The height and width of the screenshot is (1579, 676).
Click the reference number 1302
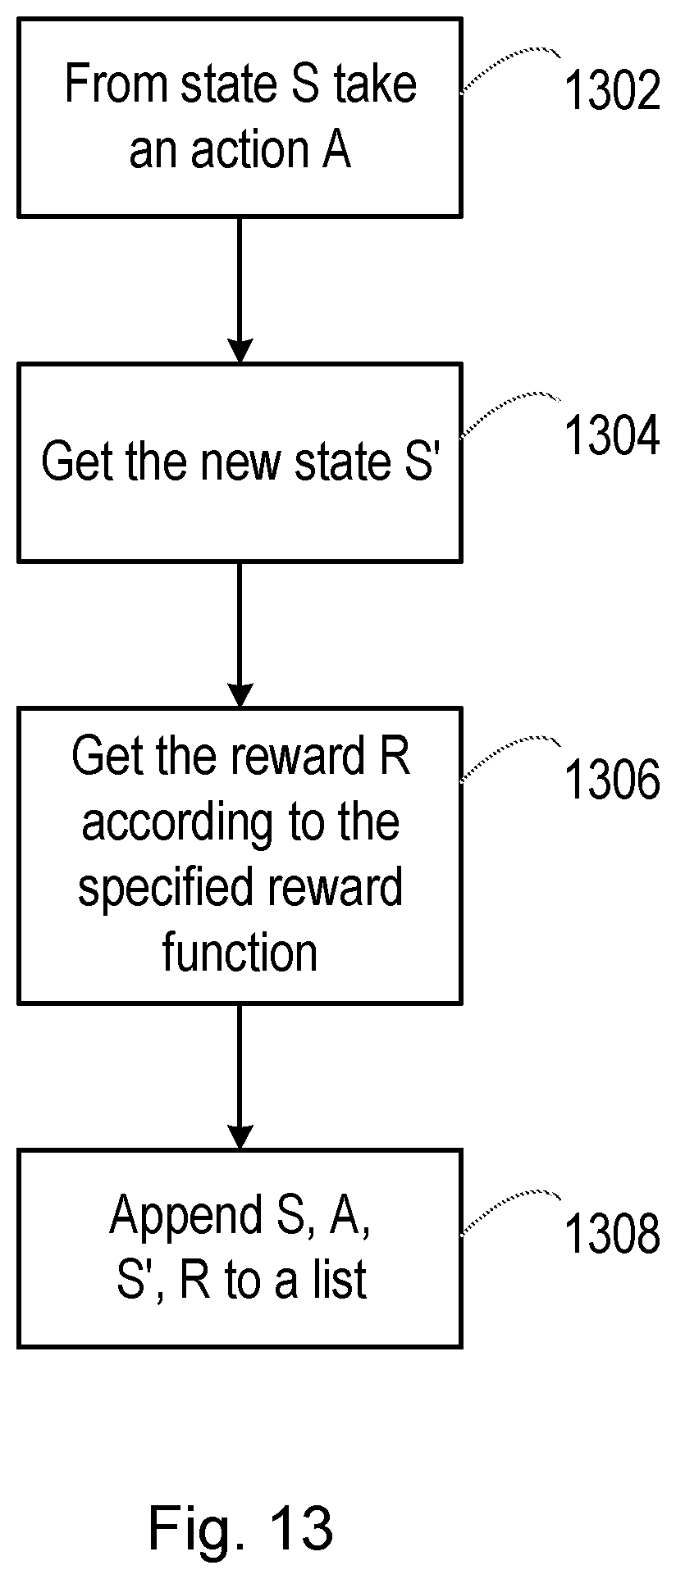(611, 91)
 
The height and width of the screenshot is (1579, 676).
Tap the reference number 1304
(611, 435)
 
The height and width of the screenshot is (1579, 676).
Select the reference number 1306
(611, 780)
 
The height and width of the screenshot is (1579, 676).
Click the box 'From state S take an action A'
(240, 118)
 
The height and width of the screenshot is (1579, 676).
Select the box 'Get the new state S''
(240, 463)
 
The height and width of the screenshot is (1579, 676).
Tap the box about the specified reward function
(240, 856)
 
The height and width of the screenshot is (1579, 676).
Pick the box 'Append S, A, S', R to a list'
(240, 1248)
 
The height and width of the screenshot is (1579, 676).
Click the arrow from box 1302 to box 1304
(240, 290)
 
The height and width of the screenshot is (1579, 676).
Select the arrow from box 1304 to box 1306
(240, 635)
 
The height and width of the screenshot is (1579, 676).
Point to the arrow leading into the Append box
(240, 1076)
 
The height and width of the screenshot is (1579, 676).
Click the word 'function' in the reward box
(240, 953)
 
